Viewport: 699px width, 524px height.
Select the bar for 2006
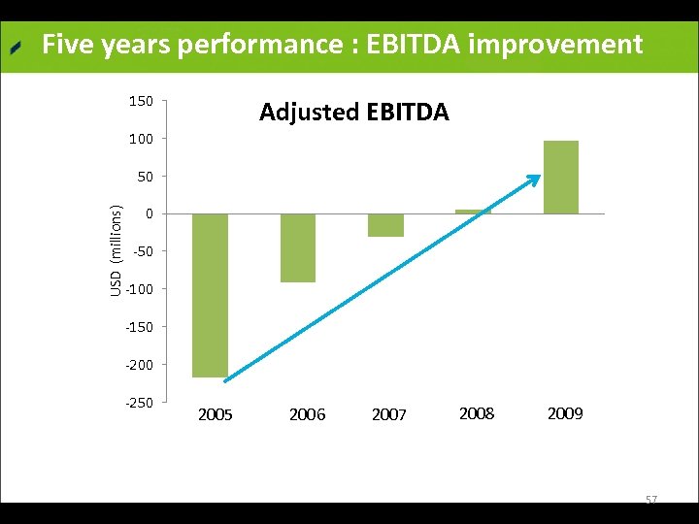coord(298,247)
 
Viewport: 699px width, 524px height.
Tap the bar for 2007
coord(385,225)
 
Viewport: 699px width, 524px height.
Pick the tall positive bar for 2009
coord(561,178)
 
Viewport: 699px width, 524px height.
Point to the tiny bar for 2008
coord(473,212)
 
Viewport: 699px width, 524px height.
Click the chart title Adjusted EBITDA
coord(354,113)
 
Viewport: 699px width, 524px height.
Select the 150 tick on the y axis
coord(141,101)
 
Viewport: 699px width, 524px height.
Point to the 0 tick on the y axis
coord(149,213)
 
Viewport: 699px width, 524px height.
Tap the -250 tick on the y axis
coord(139,402)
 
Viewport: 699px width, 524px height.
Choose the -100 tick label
coord(139,289)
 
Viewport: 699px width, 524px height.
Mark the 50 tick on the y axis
coord(144,177)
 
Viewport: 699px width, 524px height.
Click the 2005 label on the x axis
coord(215,415)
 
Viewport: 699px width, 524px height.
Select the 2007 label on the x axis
coord(389,415)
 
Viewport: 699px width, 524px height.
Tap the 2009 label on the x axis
coord(565,414)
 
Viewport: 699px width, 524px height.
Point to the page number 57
coord(651,500)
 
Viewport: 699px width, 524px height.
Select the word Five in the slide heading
coord(68,45)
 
